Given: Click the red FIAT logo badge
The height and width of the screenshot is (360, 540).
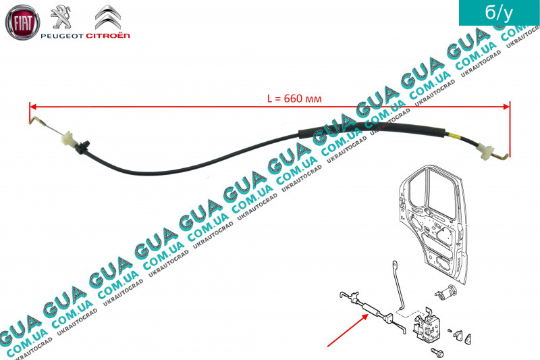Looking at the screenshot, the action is point(22,22).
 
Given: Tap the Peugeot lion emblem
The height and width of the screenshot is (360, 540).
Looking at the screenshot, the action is point(61,17).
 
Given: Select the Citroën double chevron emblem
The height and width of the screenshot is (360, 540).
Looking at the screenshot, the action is point(108,17).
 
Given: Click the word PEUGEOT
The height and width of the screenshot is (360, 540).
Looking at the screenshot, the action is point(62,36).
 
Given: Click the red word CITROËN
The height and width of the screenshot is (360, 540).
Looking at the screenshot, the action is point(108,36).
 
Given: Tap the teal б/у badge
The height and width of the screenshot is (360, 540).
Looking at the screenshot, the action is point(499,13).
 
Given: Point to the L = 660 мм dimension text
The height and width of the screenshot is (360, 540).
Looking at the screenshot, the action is point(294,99).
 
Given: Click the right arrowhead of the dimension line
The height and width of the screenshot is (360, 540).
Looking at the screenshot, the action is point(506,107).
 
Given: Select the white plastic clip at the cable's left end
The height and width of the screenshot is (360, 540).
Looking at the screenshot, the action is point(68,138).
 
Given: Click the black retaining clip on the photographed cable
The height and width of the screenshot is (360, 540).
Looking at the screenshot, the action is point(82,147).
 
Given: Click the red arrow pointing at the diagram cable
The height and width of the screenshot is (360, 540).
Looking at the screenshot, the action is point(348,331).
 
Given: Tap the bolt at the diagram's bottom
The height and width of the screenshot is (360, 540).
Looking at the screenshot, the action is point(437,353).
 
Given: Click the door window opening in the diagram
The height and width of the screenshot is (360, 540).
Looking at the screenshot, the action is point(442,192).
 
